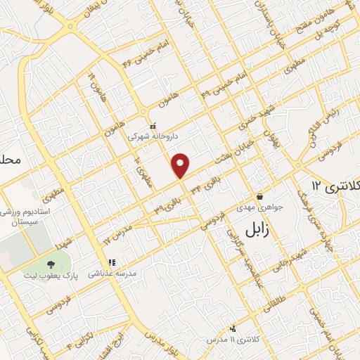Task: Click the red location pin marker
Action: (181, 165)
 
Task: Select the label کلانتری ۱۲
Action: (334, 185)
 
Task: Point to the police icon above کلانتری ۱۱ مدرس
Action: (233, 328)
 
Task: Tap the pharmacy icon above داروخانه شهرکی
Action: (153, 124)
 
